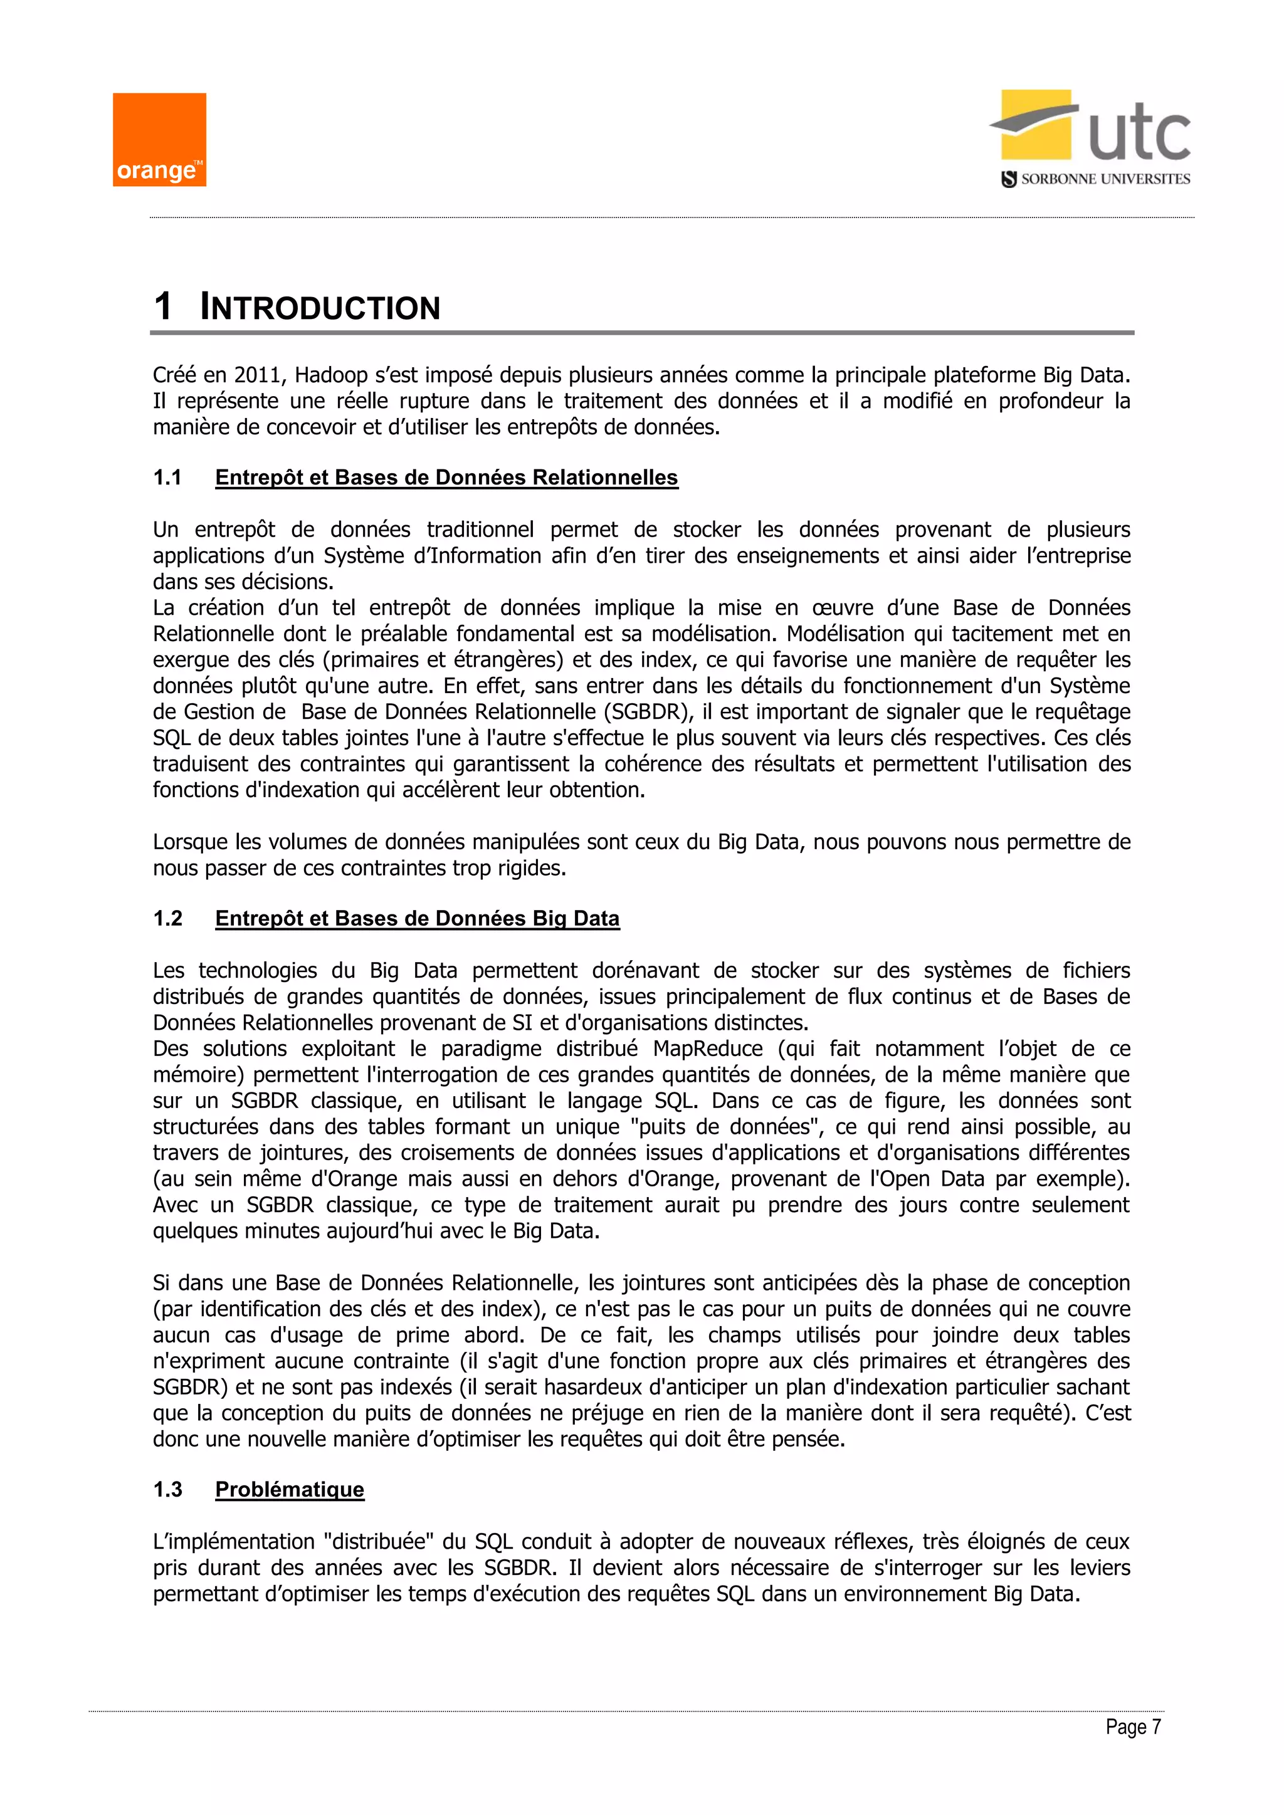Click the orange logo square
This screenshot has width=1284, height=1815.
(159, 140)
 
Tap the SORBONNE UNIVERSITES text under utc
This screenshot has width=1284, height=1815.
(1105, 179)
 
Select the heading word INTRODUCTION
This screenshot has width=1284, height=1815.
(320, 308)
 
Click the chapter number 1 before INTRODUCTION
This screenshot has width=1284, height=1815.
(163, 306)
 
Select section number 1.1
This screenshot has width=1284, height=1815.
(167, 478)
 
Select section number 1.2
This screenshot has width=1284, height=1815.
(167, 919)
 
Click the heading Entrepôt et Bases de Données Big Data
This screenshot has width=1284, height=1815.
(417, 919)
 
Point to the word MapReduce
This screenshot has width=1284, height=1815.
(708, 1049)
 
